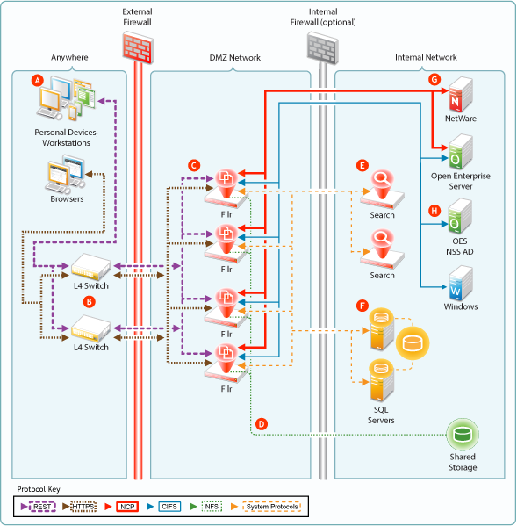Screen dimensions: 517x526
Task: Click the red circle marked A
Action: point(38,81)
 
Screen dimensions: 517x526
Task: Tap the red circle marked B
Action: point(90,301)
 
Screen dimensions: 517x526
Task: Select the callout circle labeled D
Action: point(262,424)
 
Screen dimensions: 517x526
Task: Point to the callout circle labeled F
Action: point(363,306)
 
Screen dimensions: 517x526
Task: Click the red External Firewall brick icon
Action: point(138,47)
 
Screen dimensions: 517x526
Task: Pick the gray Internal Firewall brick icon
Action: point(322,48)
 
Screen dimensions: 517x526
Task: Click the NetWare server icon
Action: point(461,94)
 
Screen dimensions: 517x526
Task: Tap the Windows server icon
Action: point(461,284)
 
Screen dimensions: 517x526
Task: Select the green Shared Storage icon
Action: point(463,435)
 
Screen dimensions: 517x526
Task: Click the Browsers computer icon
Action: point(65,174)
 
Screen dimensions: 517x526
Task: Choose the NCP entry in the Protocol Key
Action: point(127,507)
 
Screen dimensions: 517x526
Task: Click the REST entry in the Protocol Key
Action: point(42,507)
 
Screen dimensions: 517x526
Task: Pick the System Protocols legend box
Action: point(272,507)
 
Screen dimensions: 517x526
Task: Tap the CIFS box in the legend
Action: point(169,507)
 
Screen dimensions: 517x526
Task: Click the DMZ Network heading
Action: point(235,58)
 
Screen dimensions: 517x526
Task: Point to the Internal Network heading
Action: point(426,57)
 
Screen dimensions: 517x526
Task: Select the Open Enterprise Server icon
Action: point(461,152)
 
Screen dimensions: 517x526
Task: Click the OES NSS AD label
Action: point(460,247)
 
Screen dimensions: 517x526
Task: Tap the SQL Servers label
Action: point(381,415)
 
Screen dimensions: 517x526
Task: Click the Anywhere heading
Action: point(69,57)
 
